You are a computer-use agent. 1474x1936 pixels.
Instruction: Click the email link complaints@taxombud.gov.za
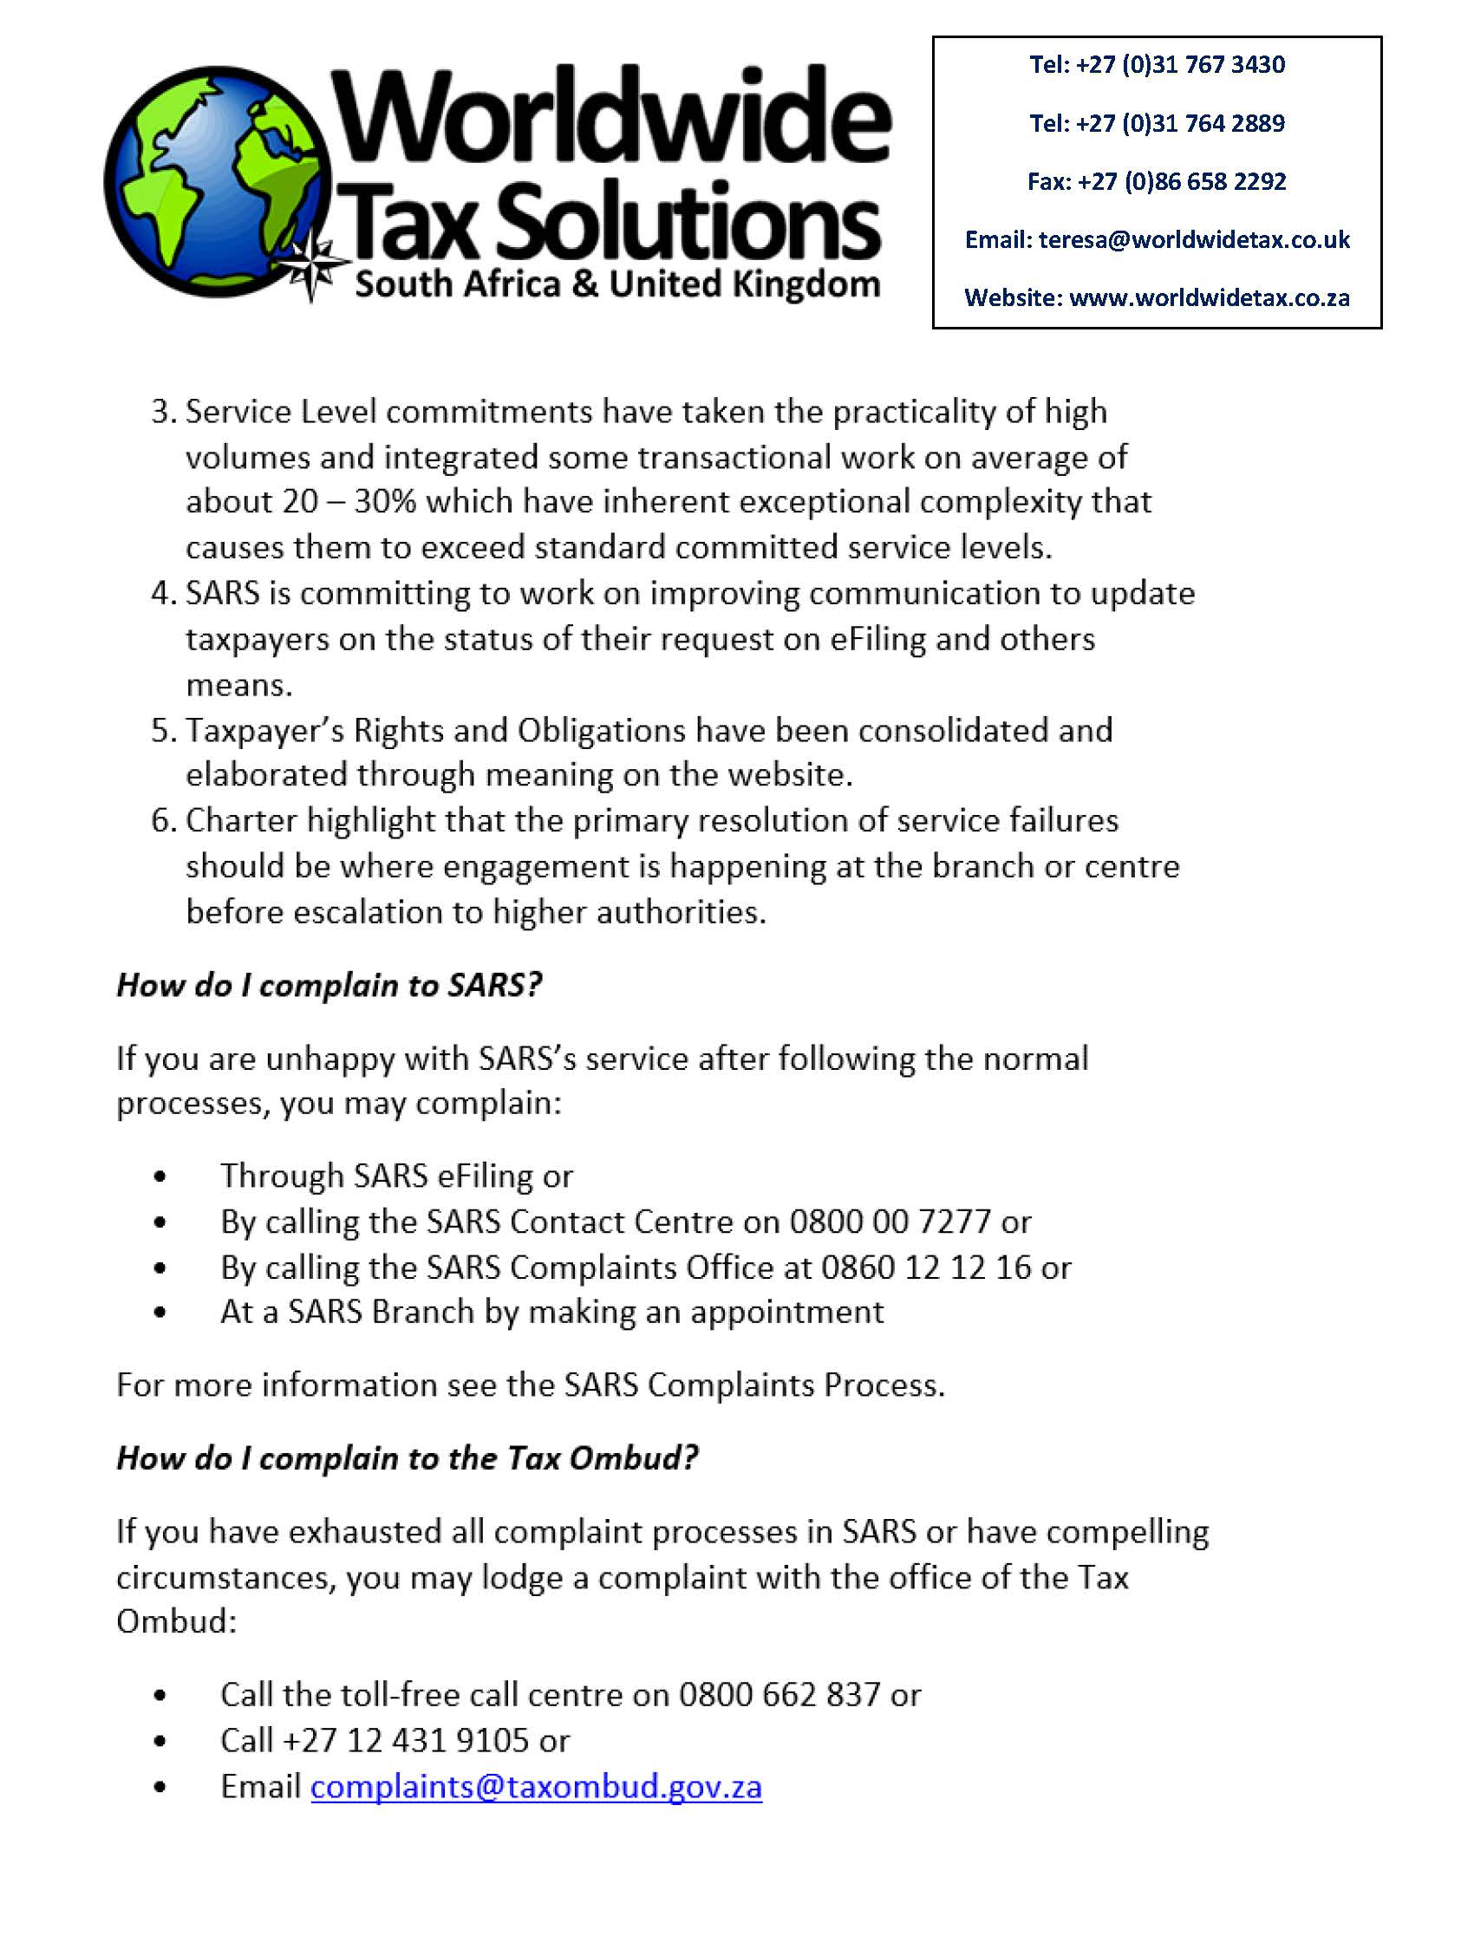[x=536, y=1787]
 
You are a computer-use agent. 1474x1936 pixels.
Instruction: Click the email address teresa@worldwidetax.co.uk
[x=1194, y=239]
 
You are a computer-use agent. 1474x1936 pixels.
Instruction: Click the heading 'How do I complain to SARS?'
[x=329, y=985]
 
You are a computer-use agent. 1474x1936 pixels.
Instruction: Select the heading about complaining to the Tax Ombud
[x=408, y=1458]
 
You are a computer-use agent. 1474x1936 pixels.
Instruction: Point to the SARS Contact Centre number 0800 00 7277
[x=890, y=1221]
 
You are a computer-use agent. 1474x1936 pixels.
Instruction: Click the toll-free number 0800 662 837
[x=779, y=1695]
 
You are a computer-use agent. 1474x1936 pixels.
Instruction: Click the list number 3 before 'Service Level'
[x=162, y=412]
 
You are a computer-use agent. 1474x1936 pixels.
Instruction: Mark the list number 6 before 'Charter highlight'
[x=162, y=820]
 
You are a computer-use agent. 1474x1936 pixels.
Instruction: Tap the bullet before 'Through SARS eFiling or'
[x=159, y=1177]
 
